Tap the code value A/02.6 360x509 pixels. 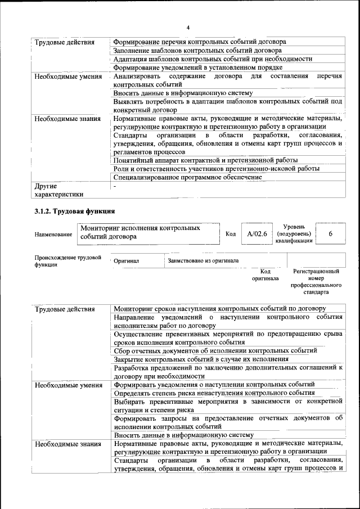[x=254, y=233]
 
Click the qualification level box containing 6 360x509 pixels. [x=330, y=233]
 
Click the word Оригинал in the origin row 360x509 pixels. [x=127, y=261]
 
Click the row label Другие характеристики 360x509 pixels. [x=59, y=190]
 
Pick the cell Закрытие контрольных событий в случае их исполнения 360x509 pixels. [x=201, y=359]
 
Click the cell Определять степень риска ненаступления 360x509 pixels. [x=214, y=393]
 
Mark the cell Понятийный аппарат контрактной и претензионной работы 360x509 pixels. [x=205, y=160]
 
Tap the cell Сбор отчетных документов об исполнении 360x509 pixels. [x=215, y=350]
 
